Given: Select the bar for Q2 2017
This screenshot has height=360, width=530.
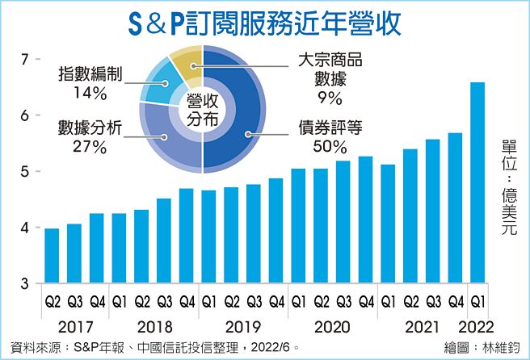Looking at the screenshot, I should (x=52, y=256).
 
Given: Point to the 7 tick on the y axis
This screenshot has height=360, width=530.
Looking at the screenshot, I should (x=24, y=60).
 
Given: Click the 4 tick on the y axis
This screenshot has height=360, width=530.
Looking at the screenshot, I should (x=24, y=228).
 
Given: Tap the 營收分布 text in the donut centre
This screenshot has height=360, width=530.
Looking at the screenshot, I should (x=202, y=109).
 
